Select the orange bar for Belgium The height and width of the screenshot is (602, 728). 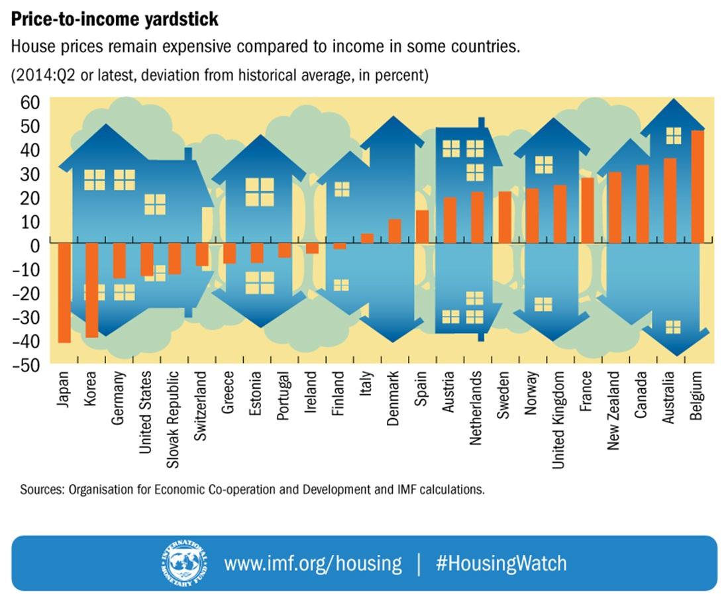point(698,187)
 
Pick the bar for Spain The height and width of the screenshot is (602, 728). point(422,226)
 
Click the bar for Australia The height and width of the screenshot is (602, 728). point(670,200)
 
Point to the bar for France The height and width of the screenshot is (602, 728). point(587,210)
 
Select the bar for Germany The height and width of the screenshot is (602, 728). point(119,260)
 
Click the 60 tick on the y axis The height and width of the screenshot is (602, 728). point(30,101)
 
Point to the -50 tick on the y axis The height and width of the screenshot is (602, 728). point(27,365)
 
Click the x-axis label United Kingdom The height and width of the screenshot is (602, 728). point(559,420)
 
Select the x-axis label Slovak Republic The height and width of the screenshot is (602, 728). point(174,420)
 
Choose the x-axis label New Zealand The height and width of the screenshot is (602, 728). point(614,411)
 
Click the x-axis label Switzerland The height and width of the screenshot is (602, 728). point(201,405)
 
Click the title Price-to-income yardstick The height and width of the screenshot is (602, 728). point(114,20)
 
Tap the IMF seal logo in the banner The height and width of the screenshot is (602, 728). point(183,562)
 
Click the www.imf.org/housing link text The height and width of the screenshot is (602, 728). point(313,564)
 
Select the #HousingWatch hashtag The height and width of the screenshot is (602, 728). point(501,564)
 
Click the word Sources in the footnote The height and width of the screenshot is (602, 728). point(42,491)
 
